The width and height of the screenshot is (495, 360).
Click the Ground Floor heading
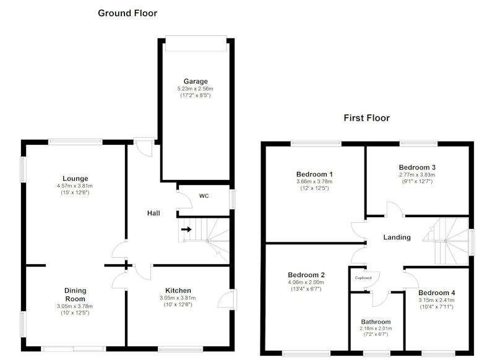pyautogui.click(x=127, y=13)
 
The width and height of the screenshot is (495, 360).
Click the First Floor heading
pyautogui.click(x=366, y=118)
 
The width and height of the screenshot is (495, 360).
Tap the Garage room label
pyautogui.click(x=196, y=82)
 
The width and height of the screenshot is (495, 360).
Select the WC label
pyautogui.click(x=204, y=196)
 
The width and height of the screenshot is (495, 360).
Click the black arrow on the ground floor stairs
pyautogui.click(x=186, y=229)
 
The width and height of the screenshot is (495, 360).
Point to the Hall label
pyautogui.click(x=153, y=213)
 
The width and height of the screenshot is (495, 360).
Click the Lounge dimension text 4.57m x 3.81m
pyautogui.click(x=75, y=186)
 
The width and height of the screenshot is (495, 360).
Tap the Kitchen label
pyautogui.click(x=178, y=291)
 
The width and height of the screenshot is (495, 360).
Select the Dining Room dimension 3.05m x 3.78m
pyautogui.click(x=75, y=306)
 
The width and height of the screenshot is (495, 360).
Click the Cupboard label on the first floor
pyautogui.click(x=363, y=278)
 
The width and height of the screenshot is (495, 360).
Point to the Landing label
pyautogui.click(x=397, y=238)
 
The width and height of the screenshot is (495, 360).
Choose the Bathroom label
pyautogui.click(x=376, y=322)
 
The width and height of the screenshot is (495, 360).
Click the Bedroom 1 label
pyautogui.click(x=314, y=174)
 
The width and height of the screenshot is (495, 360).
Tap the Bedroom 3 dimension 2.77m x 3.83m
pyautogui.click(x=417, y=175)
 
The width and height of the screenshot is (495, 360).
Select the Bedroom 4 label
pyautogui.click(x=437, y=293)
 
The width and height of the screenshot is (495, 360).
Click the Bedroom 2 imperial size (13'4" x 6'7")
pyautogui.click(x=306, y=289)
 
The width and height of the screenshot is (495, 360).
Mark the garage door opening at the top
pyautogui.click(x=196, y=43)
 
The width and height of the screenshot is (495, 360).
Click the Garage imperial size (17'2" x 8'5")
pyautogui.click(x=196, y=95)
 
